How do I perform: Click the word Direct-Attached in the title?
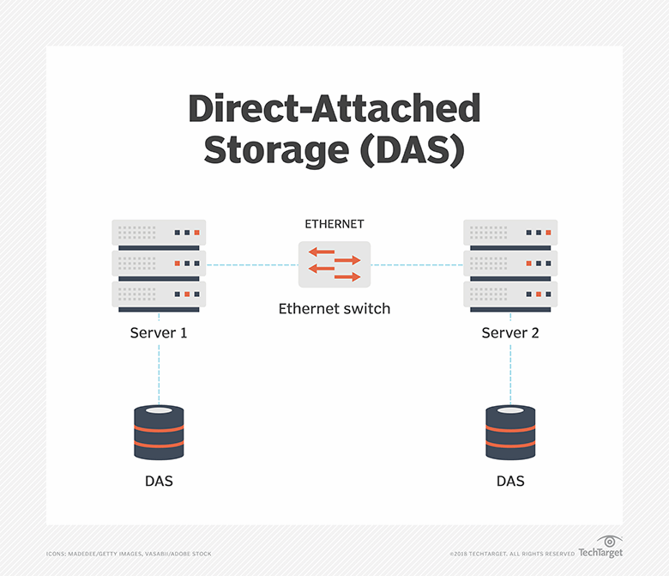click(334, 109)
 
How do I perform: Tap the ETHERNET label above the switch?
click(334, 224)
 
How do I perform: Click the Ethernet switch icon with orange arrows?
click(334, 264)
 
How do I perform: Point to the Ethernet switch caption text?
click(334, 308)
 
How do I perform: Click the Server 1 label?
click(159, 332)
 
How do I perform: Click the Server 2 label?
click(510, 332)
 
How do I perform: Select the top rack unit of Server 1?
click(159, 233)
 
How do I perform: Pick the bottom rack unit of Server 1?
click(159, 296)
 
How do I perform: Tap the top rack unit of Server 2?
click(510, 233)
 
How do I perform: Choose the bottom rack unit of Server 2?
click(510, 296)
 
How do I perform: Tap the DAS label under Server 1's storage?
click(159, 481)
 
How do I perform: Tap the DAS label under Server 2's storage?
click(510, 481)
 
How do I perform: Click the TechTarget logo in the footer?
click(600, 550)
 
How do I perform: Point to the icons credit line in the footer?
click(128, 554)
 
